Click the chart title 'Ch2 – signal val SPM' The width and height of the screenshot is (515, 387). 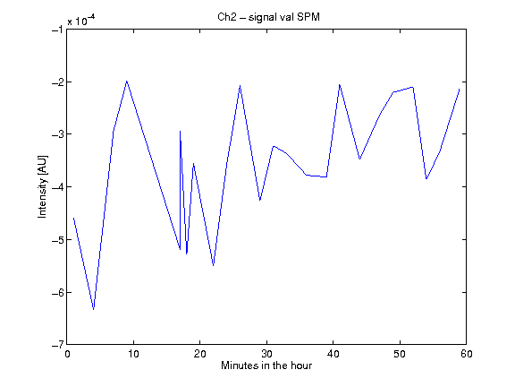268,17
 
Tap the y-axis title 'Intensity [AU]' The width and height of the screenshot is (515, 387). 43,186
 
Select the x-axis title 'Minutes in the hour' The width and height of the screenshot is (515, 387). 266,365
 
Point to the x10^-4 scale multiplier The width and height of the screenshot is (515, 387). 81,21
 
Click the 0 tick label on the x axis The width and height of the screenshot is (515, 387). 67,354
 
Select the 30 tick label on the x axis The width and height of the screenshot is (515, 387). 266,354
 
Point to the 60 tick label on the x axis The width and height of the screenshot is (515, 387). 466,354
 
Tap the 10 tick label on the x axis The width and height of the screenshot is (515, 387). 133,354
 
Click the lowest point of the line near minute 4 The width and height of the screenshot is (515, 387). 94,309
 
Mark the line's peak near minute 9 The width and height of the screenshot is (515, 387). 127,81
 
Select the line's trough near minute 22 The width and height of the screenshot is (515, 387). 213,265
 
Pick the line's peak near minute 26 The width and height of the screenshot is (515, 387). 241,86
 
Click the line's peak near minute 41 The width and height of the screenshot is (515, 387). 340,85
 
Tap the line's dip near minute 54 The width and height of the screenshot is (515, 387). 426,178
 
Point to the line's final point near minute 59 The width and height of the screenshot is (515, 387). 460,90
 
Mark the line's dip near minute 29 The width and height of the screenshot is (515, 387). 260,200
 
